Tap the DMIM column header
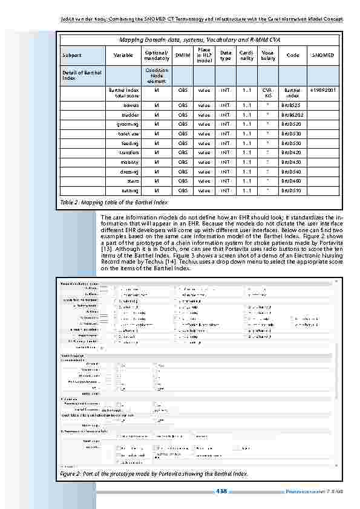pos(182,55)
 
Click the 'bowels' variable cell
pos(131,105)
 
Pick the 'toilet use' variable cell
pos(128,134)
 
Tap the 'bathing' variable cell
pos(129,191)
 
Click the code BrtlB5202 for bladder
pos(292,114)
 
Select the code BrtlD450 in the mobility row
pos(292,162)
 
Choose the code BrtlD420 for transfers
pos(292,153)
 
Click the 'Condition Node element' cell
pos(157,75)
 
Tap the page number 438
pos(222,491)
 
